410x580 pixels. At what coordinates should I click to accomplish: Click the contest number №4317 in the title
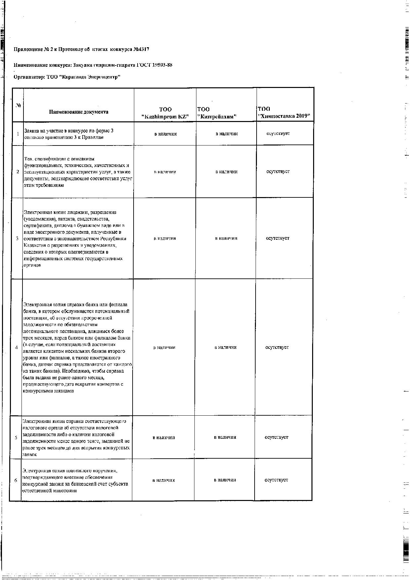click(x=141, y=50)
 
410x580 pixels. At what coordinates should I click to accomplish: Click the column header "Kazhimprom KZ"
click(x=165, y=117)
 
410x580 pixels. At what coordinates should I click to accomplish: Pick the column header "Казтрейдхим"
click(x=217, y=117)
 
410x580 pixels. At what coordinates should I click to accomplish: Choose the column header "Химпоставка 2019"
click(x=284, y=116)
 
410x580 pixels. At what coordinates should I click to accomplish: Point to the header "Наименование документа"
click(x=79, y=112)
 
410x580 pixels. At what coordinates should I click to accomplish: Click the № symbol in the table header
click(x=19, y=106)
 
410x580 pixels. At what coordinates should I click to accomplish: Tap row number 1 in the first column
click(x=18, y=134)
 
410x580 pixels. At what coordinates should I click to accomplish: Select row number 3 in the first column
click(x=17, y=238)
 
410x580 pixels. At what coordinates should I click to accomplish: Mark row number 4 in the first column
click(x=17, y=348)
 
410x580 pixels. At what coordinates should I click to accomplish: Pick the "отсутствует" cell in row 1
click(x=278, y=134)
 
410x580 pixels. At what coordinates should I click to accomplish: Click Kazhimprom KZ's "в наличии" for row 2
click(x=165, y=172)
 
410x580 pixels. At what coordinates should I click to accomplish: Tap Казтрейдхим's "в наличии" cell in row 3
click(x=226, y=238)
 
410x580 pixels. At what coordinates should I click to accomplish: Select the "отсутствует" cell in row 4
click(x=277, y=348)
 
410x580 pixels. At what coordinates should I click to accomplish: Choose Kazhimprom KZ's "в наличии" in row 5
click(x=164, y=437)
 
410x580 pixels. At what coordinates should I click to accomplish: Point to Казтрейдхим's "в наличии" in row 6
click(x=225, y=480)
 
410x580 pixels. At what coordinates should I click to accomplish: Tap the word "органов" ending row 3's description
click(x=32, y=265)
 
